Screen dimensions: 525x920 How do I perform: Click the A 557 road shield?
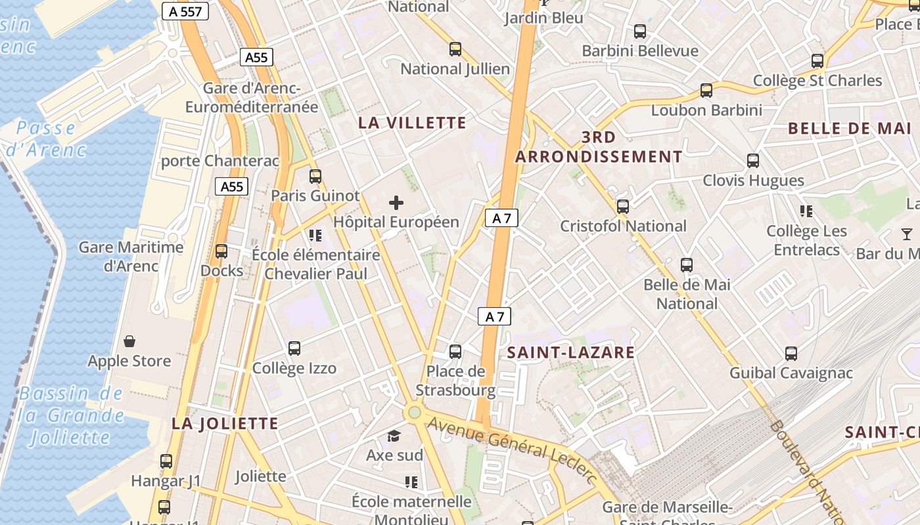pos(185,11)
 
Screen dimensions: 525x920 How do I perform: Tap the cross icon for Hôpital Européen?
pos(396,203)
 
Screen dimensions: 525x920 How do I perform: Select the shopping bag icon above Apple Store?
pos(129,341)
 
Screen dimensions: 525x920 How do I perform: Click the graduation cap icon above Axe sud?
pos(394,436)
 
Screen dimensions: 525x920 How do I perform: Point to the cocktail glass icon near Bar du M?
pos(907,234)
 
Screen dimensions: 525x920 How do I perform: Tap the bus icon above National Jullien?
pos(455,49)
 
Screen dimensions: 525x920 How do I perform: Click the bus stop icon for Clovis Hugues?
pos(753,161)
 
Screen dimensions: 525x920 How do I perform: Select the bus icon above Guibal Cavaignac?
pos(791,354)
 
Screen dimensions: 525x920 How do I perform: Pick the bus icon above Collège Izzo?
pos(294,348)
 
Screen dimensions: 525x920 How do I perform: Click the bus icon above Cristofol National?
pos(623,207)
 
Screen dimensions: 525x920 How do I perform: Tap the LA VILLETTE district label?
pos(412,123)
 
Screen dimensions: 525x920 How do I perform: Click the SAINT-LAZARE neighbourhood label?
pos(571,352)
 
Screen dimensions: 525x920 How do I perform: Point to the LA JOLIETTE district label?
pos(225,423)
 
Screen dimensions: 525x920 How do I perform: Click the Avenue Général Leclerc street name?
pos(513,450)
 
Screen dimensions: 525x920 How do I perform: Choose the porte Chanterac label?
pos(220,161)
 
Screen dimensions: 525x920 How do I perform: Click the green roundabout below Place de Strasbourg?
pos(414,413)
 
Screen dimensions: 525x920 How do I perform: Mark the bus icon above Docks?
pos(221,251)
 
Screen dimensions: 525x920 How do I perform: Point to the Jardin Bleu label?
pos(543,18)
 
